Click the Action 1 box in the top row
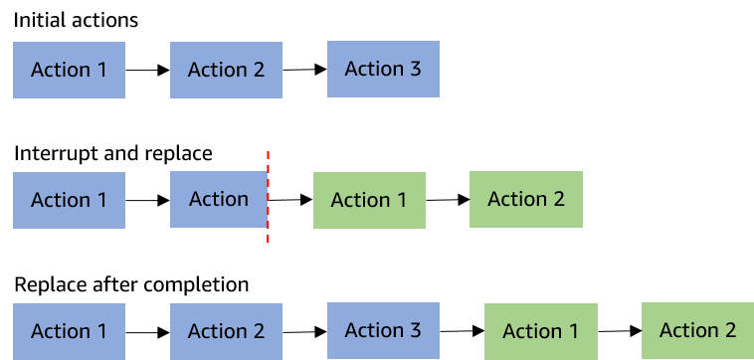click(69, 70)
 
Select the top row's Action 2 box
click(226, 70)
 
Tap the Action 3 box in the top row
click(383, 69)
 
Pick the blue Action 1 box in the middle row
click(69, 200)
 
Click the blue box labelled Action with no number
click(219, 199)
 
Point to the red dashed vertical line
click(268, 196)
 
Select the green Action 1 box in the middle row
click(369, 200)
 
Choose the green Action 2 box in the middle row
click(525, 199)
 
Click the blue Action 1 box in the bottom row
click(69, 331)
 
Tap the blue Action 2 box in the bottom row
click(226, 331)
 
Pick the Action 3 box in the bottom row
click(383, 330)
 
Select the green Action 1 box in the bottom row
click(540, 331)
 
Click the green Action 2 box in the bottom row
click(697, 330)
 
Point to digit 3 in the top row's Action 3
click(415, 69)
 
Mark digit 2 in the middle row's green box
click(558, 199)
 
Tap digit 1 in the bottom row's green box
click(573, 331)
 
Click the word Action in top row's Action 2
click(218, 70)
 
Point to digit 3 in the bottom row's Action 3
click(415, 330)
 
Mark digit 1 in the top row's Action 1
click(100, 70)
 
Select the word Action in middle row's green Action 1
click(360, 200)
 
